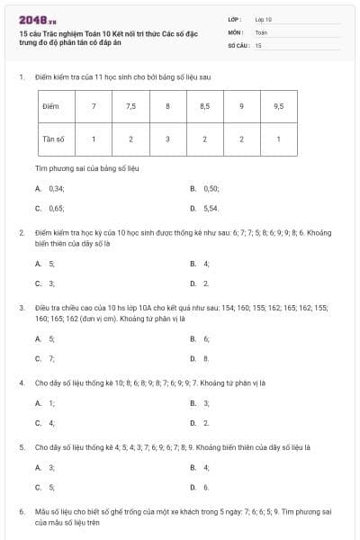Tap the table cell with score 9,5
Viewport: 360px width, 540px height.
pos(278,106)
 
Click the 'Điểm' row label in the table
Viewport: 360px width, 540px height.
pos(51,106)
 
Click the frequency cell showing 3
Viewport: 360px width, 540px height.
pos(167,139)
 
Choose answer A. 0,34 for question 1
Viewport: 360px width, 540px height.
pos(50,189)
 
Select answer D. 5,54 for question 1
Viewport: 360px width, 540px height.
pos(206,208)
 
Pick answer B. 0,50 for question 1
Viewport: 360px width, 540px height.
pos(206,189)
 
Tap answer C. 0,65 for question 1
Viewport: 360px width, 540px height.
pos(50,208)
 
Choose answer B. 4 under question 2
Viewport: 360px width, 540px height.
pos(201,264)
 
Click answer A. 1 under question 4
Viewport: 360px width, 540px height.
pos(46,402)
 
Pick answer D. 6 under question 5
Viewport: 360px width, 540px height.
pos(201,487)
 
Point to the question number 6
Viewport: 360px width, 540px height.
pos(21,511)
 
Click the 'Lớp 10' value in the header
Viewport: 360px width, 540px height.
pos(264,18)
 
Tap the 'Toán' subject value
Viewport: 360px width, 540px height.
pos(261,31)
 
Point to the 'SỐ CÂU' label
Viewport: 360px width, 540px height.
pos(238,44)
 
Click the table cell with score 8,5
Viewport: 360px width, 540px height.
pos(204,106)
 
